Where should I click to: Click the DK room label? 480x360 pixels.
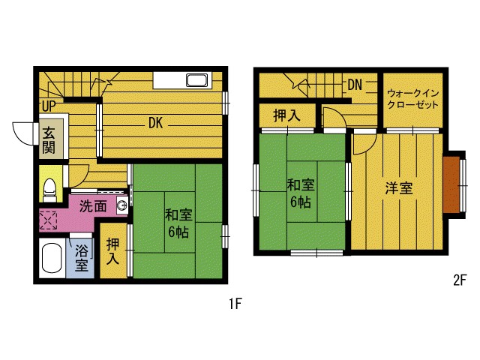point(155,123)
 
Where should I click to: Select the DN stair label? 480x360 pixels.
point(355,85)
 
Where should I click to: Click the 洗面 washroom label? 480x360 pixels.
point(93,205)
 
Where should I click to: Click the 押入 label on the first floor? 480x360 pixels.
point(113,251)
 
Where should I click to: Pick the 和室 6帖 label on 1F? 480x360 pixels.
point(178,223)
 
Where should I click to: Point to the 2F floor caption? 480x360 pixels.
point(460,280)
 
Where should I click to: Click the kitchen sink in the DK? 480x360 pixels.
point(197,80)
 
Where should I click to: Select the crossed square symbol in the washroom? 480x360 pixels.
point(49,221)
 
